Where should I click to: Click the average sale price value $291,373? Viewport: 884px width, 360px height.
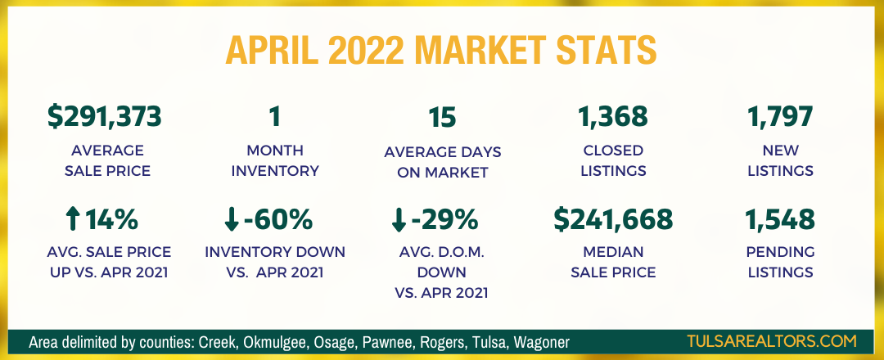point(105,117)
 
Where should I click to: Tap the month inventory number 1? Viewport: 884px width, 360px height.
point(274,117)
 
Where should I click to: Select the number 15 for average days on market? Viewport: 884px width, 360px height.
point(442,117)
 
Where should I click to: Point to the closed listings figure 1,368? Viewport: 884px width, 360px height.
point(613,117)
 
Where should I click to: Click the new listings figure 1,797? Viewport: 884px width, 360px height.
point(780,117)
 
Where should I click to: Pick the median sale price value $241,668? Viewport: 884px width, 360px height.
point(613,219)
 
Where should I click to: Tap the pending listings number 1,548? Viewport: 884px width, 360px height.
point(780,219)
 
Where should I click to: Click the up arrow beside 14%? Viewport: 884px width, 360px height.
point(72,219)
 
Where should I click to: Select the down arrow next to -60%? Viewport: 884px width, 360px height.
point(231,220)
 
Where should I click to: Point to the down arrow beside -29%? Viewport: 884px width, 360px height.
point(398,220)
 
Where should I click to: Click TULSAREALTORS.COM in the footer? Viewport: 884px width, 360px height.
point(772,341)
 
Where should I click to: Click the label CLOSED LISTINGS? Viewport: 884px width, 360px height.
point(613,160)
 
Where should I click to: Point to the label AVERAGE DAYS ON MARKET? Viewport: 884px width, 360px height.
point(443,162)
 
